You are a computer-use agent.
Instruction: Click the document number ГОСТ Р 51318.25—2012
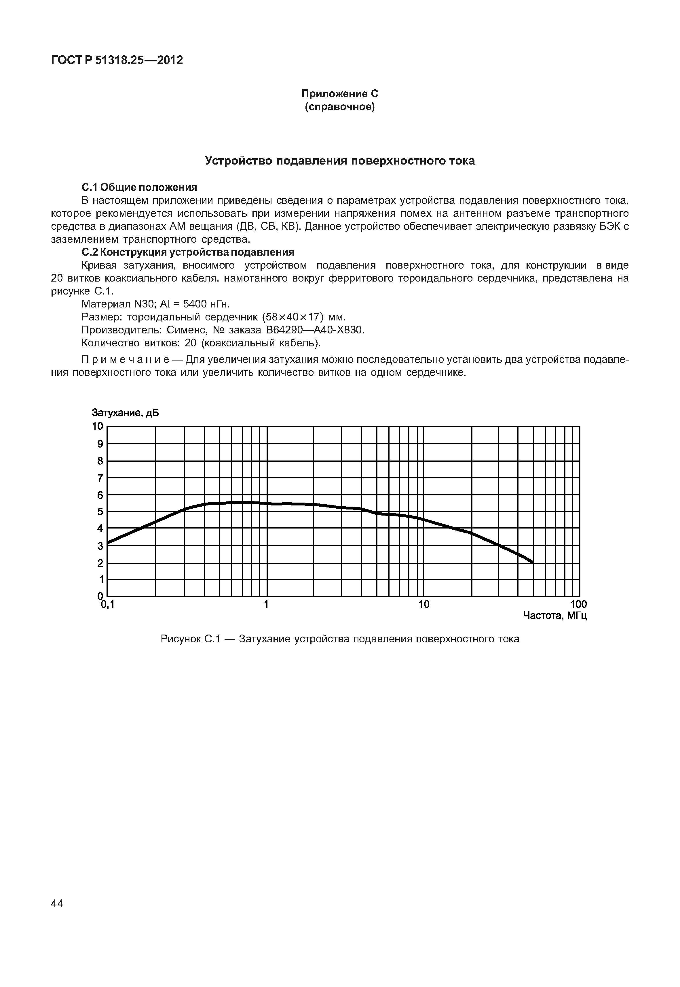(x=117, y=60)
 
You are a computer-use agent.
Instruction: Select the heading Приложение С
(x=340, y=93)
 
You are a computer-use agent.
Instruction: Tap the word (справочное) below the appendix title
(x=340, y=107)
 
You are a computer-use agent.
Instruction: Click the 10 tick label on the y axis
(x=98, y=426)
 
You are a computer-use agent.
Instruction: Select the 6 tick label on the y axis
(x=100, y=495)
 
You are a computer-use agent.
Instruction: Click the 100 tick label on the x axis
(x=578, y=604)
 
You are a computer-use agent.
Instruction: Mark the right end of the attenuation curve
(x=533, y=563)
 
